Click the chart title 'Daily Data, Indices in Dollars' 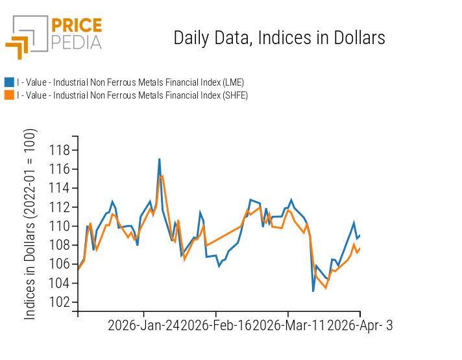(279, 38)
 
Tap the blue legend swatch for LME (9, 82)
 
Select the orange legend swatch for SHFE (9, 95)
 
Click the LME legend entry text (130, 82)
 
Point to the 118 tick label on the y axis (60, 150)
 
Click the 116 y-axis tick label (60, 169)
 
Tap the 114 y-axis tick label (60, 188)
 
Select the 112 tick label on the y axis (60, 208)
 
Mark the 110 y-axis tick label (60, 226)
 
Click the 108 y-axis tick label (60, 245)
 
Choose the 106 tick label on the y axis (60, 264)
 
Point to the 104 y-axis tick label (60, 283)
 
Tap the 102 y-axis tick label (60, 302)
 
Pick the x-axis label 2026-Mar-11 (289, 326)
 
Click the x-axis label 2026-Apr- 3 (360, 326)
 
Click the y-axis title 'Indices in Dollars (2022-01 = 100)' (30, 224)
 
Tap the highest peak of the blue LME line (159, 159)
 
